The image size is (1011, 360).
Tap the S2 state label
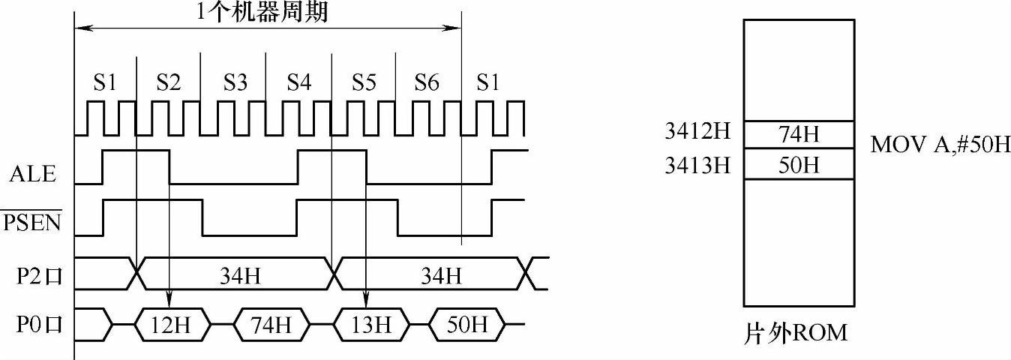pos(168,82)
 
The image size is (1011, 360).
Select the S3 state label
pos(234,82)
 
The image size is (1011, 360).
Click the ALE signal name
pos(33,175)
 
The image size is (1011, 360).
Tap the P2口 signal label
pos(38,277)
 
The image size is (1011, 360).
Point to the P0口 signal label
pos(38,325)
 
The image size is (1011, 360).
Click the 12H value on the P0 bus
pos(171,325)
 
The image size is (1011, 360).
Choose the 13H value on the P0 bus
pos(372,325)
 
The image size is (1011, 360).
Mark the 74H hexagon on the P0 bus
pos(271,325)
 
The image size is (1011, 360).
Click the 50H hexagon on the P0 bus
pos(467,325)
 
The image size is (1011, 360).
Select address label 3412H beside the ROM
pos(697,133)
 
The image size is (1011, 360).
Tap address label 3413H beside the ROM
pos(697,164)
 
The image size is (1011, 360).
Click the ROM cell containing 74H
pos(799,135)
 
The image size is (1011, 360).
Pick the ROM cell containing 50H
pos(799,164)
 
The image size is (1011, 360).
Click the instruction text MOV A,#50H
pos(940,145)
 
